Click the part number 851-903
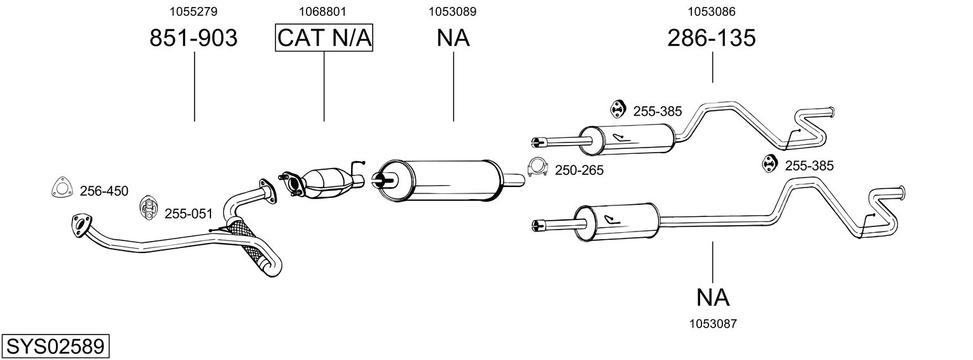click(x=194, y=38)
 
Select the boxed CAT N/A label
click(x=324, y=38)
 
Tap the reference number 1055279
click(x=193, y=11)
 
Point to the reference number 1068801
click(x=322, y=11)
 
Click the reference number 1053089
click(x=453, y=11)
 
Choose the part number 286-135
click(x=712, y=38)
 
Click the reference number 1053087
click(x=713, y=324)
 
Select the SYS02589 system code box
click(x=55, y=347)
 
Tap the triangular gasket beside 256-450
click(x=62, y=188)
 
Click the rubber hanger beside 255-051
click(x=148, y=207)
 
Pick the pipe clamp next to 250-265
click(x=537, y=167)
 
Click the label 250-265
click(x=579, y=170)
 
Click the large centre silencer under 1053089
click(x=439, y=181)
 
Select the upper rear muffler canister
click(x=627, y=140)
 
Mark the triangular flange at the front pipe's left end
click(x=81, y=225)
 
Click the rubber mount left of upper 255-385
click(x=618, y=109)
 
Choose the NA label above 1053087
click(x=713, y=298)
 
